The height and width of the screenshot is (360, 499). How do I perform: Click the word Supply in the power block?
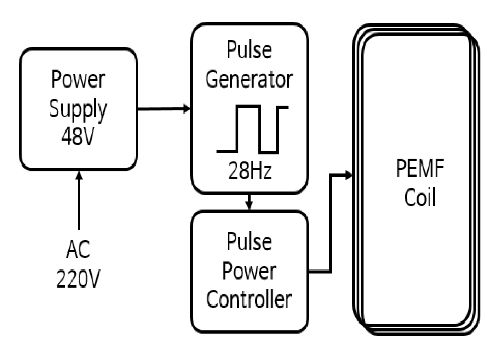[x=78, y=109]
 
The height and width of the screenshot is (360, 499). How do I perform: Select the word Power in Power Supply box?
[x=78, y=79]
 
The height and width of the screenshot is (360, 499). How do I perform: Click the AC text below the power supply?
[x=78, y=249]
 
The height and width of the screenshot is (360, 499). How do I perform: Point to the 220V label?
[x=78, y=278]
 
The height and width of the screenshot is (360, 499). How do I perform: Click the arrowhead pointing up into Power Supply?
[x=79, y=175]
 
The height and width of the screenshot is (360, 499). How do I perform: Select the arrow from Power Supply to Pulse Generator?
[x=163, y=109]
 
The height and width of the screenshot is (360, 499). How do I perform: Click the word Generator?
[x=249, y=79]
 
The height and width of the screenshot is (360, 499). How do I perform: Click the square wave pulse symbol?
[x=252, y=129]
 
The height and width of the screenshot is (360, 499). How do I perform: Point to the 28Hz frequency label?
[x=249, y=170]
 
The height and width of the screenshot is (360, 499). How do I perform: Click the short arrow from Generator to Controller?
[x=249, y=202]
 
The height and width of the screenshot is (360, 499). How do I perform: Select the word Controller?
[x=249, y=299]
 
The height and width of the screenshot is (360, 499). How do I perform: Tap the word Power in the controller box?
[x=249, y=271]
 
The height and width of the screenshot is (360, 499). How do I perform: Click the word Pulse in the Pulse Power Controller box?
[x=249, y=242]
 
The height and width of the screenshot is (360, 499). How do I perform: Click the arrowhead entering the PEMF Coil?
[x=349, y=175]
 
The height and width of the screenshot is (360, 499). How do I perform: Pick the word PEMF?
[x=420, y=168]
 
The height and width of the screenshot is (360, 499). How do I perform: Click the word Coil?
[x=420, y=197]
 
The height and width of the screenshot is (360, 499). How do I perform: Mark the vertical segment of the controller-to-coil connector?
[x=331, y=223]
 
